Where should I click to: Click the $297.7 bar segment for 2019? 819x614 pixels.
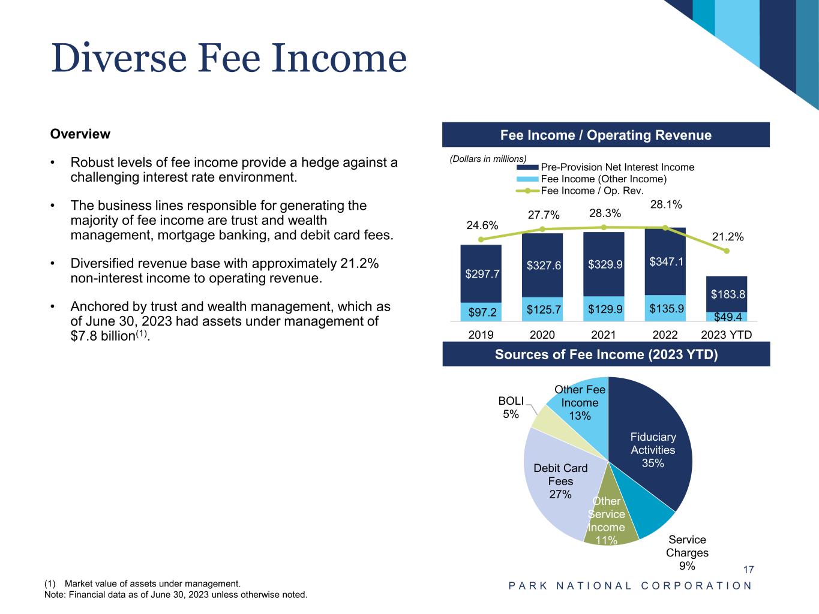(x=481, y=273)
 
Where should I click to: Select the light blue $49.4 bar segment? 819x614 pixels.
(x=727, y=317)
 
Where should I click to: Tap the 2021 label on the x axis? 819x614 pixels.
(x=604, y=335)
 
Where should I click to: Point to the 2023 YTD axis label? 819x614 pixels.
(x=727, y=335)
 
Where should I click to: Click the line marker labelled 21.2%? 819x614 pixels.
(x=727, y=251)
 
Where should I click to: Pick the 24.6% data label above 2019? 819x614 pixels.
(x=482, y=225)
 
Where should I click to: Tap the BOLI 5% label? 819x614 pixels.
(x=511, y=407)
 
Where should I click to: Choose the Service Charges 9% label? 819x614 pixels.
(x=687, y=552)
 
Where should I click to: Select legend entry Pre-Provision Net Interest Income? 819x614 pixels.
(x=617, y=167)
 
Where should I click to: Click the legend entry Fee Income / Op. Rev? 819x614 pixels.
(x=592, y=191)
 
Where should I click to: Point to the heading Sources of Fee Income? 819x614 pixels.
(x=606, y=354)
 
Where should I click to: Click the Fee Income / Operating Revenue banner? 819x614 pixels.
(x=606, y=135)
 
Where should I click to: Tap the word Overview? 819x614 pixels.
(x=80, y=134)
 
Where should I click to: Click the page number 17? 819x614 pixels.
(x=748, y=570)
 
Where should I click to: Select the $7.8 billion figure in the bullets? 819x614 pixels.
(x=101, y=336)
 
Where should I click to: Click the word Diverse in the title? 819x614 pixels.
(x=119, y=59)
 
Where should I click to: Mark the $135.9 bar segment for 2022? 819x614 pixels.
(x=665, y=308)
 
